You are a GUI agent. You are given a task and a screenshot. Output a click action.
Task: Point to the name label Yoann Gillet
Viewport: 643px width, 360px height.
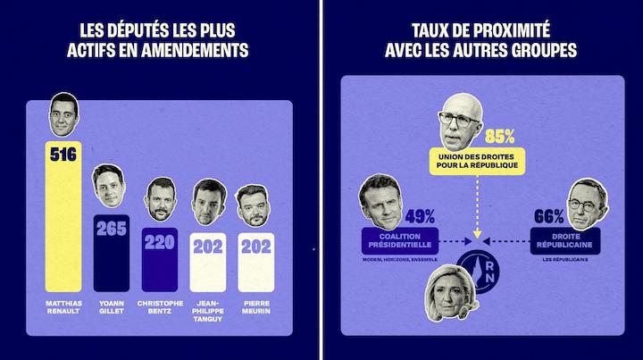point(112,307)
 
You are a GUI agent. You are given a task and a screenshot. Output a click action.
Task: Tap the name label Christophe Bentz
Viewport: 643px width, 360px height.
point(161,307)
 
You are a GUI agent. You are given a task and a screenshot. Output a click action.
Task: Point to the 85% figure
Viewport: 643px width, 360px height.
point(500,137)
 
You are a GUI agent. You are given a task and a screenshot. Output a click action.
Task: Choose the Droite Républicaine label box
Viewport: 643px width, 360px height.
point(562,239)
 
